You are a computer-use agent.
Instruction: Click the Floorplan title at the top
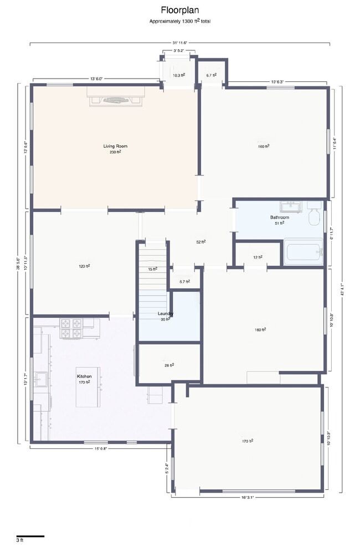pos(179,10)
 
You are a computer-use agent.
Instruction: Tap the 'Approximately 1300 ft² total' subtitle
pos(179,21)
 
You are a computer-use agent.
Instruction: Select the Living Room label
pos(115,146)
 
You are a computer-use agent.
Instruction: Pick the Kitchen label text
pos(84,376)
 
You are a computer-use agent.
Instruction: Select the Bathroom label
pos(279,218)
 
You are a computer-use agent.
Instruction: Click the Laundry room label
pos(166,314)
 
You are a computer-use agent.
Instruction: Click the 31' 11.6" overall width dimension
pos(180,43)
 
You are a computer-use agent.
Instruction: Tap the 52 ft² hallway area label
pos(201,242)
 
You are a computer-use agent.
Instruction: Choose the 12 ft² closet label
pos(258,257)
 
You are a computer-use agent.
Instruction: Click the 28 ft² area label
pos(169,365)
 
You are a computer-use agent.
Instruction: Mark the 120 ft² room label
pos(84,266)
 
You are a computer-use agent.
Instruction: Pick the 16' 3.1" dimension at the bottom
pos(247,497)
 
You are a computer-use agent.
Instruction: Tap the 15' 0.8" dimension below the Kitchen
pos(100,448)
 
